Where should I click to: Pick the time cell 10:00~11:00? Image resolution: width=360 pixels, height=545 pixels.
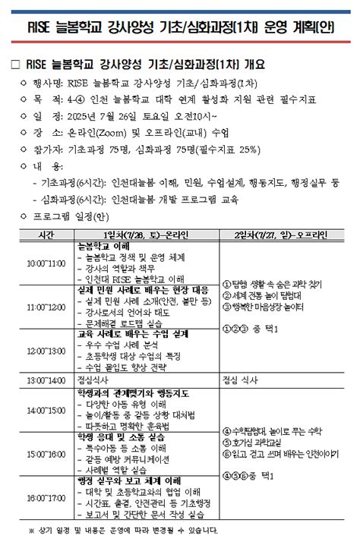(x=46, y=263)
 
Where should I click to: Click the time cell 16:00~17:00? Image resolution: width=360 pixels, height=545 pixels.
(x=46, y=498)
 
